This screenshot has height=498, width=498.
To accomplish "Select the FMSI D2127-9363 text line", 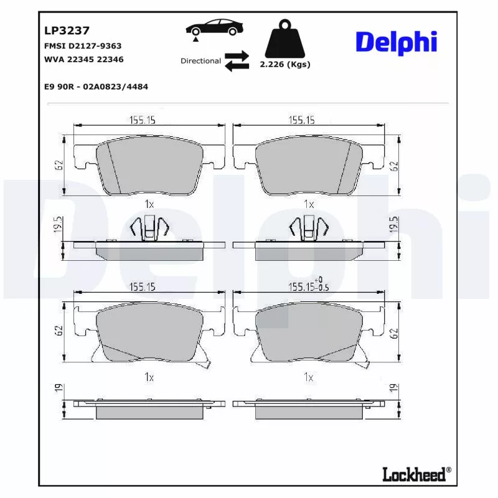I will [82, 46].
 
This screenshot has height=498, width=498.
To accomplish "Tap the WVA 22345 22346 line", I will [83, 60].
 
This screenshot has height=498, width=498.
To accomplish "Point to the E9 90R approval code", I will [96, 87].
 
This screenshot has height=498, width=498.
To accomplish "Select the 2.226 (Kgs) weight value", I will [284, 64].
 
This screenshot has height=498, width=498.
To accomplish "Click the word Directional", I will [200, 61].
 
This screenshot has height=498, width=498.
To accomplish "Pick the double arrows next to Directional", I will [237, 61].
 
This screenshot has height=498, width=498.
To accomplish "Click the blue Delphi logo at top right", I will [396, 42].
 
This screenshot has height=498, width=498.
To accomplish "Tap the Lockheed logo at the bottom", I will [415, 474].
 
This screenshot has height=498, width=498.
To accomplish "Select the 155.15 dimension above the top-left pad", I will [142, 121].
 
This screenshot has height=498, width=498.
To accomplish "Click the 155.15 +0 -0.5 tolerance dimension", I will [308, 287].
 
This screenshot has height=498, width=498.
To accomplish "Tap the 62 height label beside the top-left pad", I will [58, 166].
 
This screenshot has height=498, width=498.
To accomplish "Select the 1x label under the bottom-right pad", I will [308, 377].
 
